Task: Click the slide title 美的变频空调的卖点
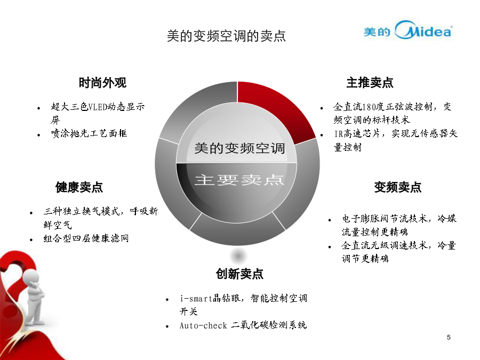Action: pos(226,36)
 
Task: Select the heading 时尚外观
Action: pos(102,83)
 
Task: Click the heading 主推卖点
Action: pos(370,83)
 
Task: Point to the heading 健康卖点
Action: pos(79,187)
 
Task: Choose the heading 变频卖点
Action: pos(398,187)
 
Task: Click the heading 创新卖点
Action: pos(239,274)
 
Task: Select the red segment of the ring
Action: pos(273,107)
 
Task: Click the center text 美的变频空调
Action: pos(239,148)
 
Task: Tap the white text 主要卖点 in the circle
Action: pos(239,180)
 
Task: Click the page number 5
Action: pos(449,338)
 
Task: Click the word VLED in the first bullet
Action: pos(98,107)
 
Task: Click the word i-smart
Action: pos(196,298)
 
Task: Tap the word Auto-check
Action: pos(203,325)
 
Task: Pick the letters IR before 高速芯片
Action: pos(339,134)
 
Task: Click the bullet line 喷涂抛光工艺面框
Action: pos(89,133)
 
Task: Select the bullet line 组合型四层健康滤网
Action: pos(86,238)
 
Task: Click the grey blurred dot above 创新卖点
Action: pos(238,255)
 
